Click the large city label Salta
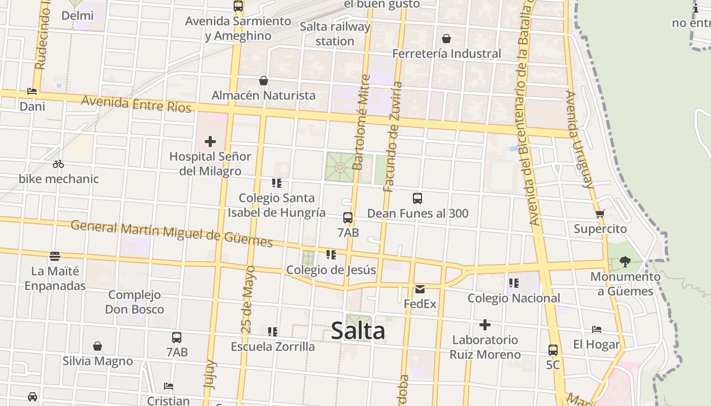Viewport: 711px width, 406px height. point(358,331)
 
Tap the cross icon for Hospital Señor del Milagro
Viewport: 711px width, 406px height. point(210,142)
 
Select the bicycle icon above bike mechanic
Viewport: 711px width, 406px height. point(58,164)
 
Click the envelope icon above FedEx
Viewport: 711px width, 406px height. point(420,289)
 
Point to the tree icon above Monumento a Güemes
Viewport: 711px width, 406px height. point(625,262)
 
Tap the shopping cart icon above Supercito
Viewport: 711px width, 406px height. point(600,214)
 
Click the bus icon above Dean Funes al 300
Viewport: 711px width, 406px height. point(417,198)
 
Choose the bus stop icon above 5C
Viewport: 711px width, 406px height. point(553,350)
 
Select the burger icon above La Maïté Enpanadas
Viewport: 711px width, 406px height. point(55,256)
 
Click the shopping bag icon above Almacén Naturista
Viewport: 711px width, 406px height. point(264,81)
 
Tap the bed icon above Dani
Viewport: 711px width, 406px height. point(32,92)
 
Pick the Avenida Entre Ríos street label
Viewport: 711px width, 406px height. point(137,104)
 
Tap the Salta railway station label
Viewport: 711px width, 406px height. point(335,33)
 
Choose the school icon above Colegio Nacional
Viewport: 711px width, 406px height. point(513,283)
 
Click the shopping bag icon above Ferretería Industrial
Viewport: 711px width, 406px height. point(446,39)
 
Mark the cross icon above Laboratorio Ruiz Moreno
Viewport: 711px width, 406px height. point(485,325)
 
